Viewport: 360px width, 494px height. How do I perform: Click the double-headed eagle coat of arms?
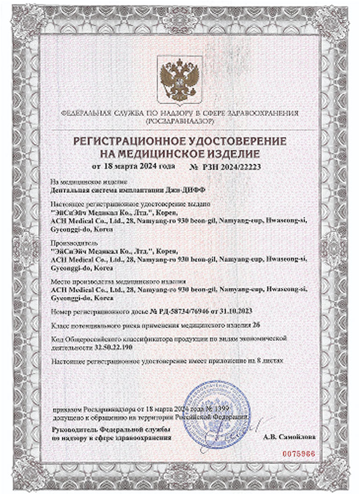tap(180, 79)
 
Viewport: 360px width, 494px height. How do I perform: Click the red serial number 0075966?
tap(299, 454)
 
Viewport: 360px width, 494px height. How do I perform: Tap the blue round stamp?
tap(216, 414)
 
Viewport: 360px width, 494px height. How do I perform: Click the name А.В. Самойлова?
tap(290, 437)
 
